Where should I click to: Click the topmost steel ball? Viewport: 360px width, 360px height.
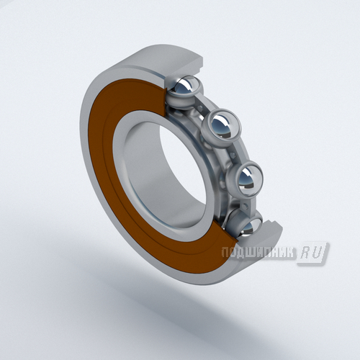click(186, 88)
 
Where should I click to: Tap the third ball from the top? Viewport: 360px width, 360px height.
click(247, 179)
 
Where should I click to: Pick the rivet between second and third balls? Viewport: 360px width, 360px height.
click(233, 155)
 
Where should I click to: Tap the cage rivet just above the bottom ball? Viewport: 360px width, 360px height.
click(245, 206)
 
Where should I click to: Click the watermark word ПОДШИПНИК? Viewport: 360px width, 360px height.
click(258, 253)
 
